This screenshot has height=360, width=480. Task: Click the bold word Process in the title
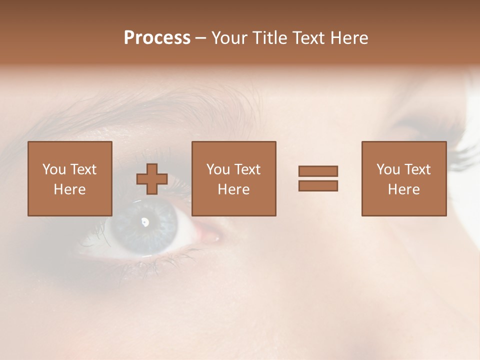157,38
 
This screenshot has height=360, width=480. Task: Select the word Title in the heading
270,38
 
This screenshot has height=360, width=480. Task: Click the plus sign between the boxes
152,179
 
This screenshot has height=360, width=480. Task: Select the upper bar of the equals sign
318,171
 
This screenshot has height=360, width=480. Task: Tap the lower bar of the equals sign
318,186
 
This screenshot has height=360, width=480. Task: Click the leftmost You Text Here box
70,178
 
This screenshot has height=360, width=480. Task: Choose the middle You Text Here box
233,178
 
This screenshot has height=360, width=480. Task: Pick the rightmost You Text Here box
404,178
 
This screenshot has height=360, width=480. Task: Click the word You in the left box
54,169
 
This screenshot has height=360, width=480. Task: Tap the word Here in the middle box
233,189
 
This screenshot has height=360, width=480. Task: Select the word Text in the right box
417,169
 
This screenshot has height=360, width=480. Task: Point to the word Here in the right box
404,189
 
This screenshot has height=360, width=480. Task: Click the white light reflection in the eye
145,221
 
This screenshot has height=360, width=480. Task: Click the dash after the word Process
200,38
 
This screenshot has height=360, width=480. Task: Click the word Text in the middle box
247,169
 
